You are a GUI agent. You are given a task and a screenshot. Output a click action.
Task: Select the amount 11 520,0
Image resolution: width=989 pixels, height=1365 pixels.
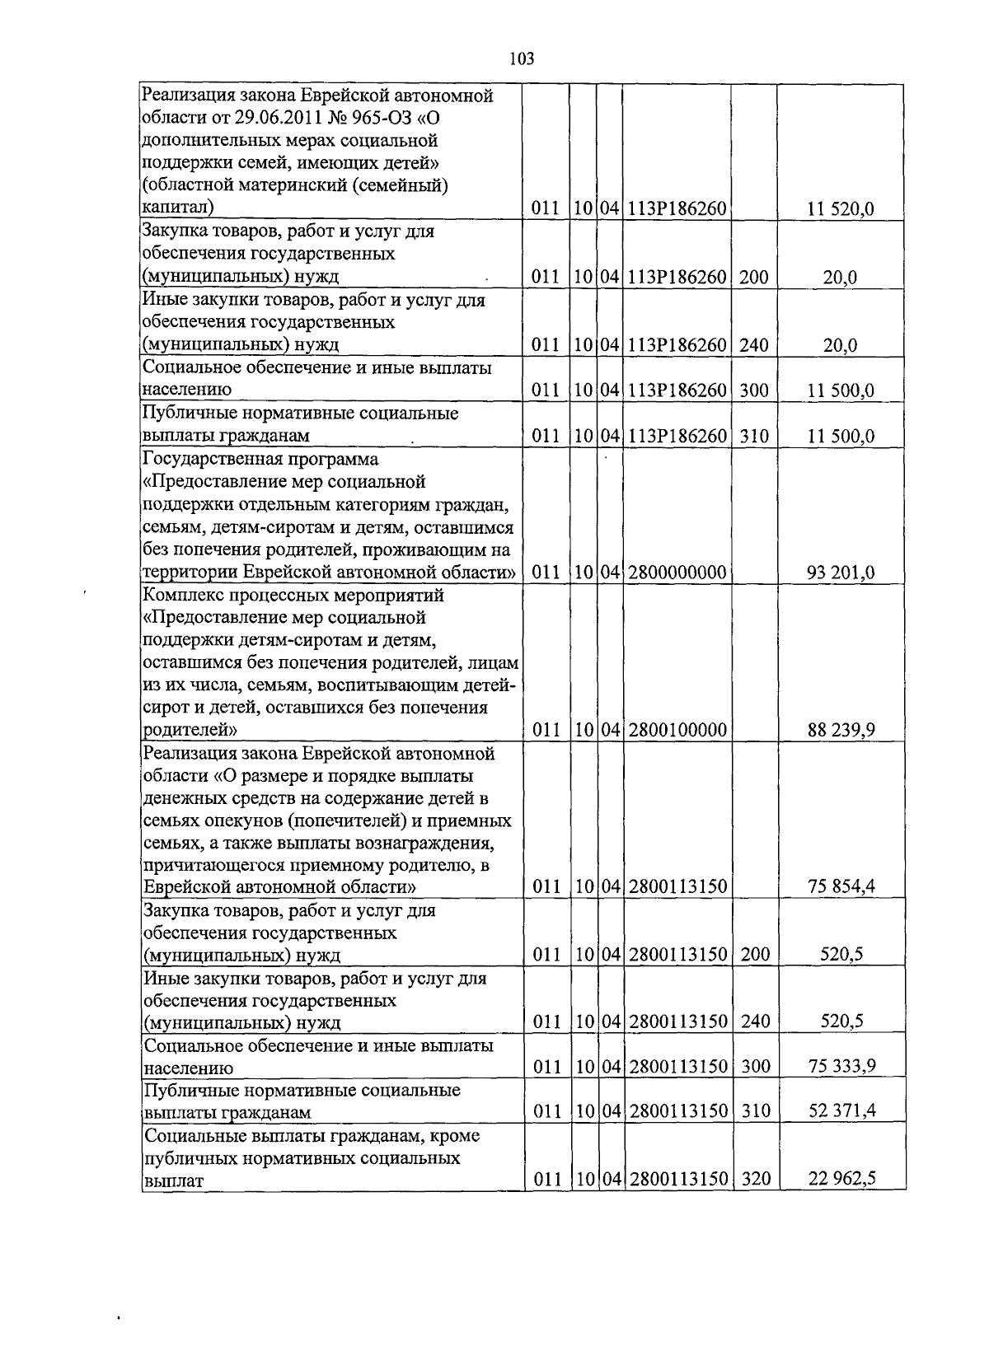coord(841,209)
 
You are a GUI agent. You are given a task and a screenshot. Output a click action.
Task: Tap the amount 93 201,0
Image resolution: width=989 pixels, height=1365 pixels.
coord(841,573)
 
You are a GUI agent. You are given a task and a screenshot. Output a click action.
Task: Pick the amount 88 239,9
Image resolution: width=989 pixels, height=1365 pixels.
coord(841,730)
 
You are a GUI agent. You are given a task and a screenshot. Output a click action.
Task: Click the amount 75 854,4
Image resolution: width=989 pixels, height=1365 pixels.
coord(841,887)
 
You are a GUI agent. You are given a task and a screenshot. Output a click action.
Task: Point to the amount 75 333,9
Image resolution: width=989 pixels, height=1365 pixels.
coord(841,1067)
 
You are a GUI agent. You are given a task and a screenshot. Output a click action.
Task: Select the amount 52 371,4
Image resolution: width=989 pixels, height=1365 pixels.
coord(841,1112)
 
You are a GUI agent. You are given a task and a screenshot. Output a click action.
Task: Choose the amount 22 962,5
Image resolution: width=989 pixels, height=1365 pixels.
coord(841,1180)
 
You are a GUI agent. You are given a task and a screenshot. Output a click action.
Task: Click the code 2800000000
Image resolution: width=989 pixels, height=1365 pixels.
coord(677,573)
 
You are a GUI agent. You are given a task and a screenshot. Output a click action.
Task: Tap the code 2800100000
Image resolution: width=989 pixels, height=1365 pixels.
coord(677,730)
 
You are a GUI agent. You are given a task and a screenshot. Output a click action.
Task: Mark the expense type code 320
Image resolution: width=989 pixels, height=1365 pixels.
coord(756,1180)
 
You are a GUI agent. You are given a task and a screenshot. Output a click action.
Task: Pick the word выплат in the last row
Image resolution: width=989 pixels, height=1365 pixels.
coord(173,1181)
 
